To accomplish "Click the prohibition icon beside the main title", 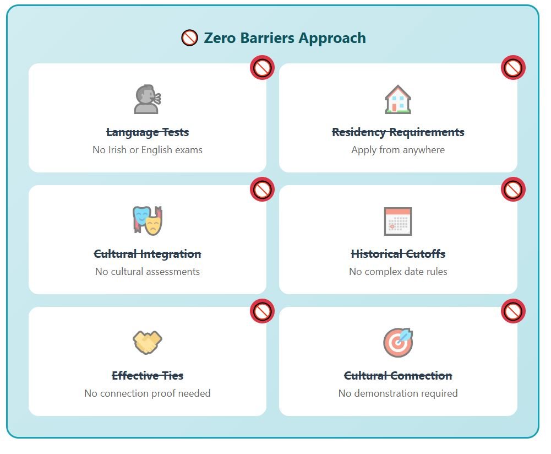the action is pos(189,38).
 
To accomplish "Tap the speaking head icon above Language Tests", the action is pos(148,99).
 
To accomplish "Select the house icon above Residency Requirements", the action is pos(398,99).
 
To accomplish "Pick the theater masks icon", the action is pos(148,220).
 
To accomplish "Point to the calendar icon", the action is pos(398,221).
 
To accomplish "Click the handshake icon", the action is pos(148,342).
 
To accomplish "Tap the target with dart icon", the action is pos(398,342).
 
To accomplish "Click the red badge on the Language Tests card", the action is pos(262,68).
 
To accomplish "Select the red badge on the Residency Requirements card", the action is pos(513,68).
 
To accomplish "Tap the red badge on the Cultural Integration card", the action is pos(262,189).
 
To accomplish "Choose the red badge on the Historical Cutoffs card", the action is pos(513,189).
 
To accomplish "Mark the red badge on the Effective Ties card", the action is pos(262,311).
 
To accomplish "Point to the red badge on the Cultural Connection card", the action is pos(513,311).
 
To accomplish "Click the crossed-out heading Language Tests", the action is pos(148,133).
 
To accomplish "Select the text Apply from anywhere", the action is pos(398,150).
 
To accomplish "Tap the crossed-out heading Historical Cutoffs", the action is pos(398,254).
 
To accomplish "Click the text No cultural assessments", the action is pos(148,272).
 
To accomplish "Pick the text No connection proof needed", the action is pos(148,393).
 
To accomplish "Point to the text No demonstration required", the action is pos(398,393).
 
